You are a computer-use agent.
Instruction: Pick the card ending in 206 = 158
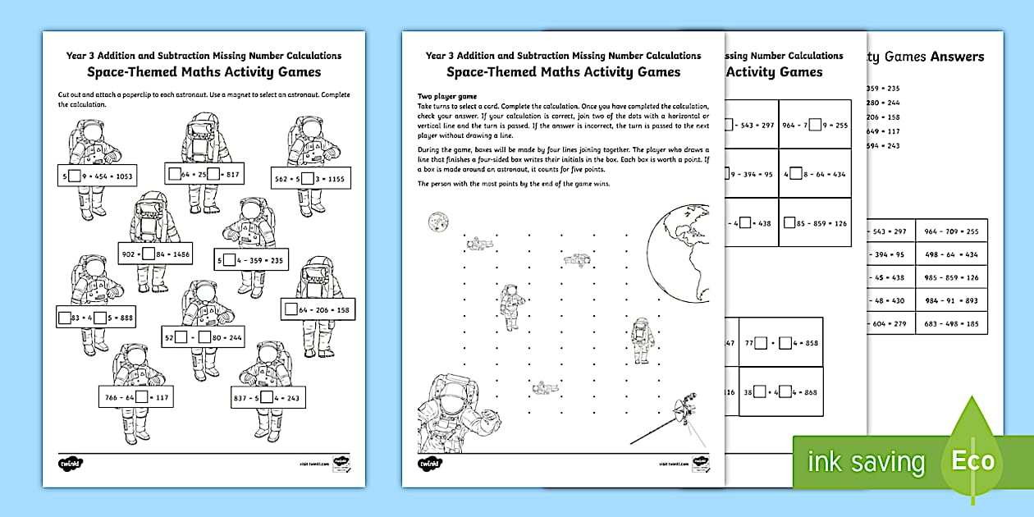coord(318,310)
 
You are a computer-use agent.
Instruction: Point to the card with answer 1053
coord(97,176)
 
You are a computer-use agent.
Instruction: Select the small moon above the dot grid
coord(436,221)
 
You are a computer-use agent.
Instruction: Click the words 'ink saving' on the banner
coord(865,462)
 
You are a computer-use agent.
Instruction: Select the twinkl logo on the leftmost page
coord(68,464)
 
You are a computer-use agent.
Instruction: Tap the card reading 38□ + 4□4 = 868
coord(780,392)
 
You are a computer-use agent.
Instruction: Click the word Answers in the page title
coord(957,57)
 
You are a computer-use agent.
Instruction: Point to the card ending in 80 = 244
coord(201,336)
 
